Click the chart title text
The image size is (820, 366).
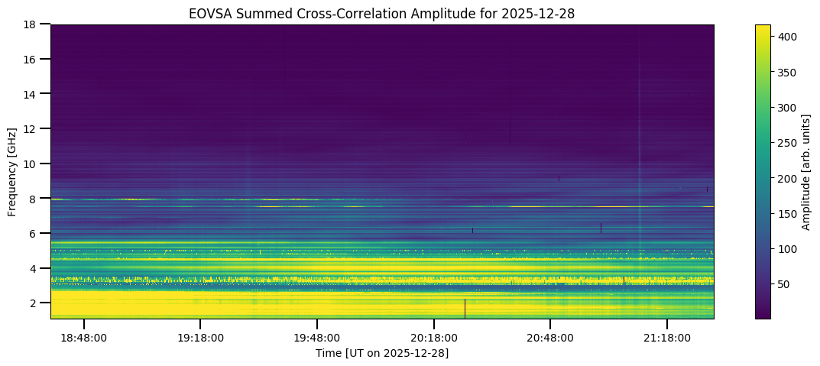tap(382, 13)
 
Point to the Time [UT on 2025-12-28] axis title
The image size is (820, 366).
tap(382, 353)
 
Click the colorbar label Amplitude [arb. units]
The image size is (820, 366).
tap(805, 171)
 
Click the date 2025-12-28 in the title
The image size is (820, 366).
tap(546, 13)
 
